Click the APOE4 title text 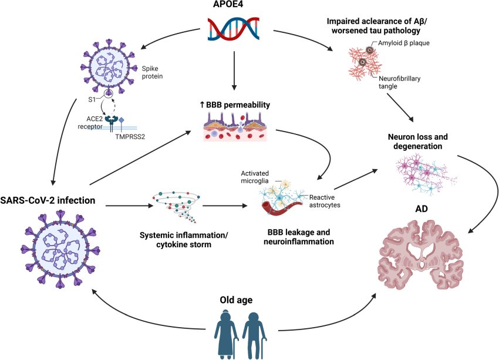pyautogui.click(x=234, y=6)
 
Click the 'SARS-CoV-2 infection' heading pyautogui.click(x=49, y=200)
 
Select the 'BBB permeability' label pyautogui.click(x=234, y=105)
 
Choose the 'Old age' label pyautogui.click(x=236, y=300)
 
